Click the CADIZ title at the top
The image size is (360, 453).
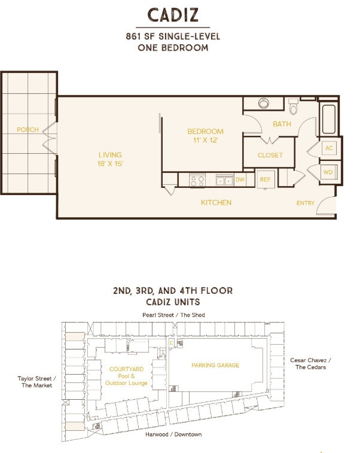point(173,15)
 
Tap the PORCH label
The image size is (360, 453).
point(28,130)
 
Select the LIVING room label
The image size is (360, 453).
point(110,155)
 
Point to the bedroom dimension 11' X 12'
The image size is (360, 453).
point(205,141)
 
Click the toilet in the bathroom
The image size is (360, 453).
point(293,107)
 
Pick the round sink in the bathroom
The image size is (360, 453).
point(264,103)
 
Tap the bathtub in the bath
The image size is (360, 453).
point(328,119)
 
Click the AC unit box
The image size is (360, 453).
point(329,148)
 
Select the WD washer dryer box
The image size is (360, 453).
point(328,172)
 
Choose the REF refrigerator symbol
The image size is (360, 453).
point(266,180)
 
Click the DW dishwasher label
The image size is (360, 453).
point(240,180)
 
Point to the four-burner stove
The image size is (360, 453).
point(197,181)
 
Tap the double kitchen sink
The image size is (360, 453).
point(224,180)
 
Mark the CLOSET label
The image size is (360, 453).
point(270,155)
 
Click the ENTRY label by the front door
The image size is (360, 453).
point(306,203)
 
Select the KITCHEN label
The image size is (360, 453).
point(216,202)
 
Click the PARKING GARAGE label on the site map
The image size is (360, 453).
point(215,365)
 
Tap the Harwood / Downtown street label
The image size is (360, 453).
point(173,434)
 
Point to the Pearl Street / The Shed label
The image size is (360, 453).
point(173,315)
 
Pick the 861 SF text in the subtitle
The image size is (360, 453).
point(139,37)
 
